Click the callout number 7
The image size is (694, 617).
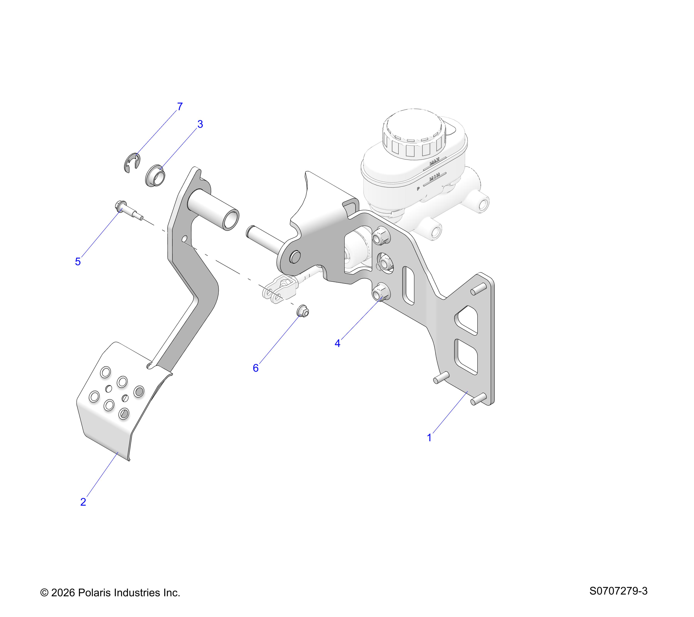point(180,107)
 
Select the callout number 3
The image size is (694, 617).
point(200,124)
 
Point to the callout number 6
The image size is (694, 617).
point(256,368)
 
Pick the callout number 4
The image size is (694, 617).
point(337,343)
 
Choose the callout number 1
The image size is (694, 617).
point(429,438)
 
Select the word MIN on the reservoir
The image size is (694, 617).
point(435,177)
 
